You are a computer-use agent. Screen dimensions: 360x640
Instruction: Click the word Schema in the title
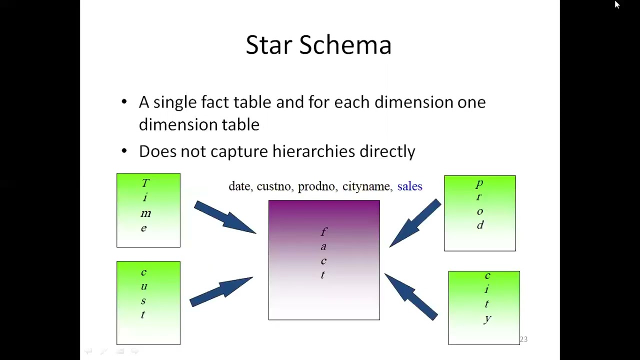[345, 45]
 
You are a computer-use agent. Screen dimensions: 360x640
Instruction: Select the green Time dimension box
[148, 210]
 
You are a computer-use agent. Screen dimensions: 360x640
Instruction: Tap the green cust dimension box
[148, 302]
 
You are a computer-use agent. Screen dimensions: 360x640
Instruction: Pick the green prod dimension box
[479, 213]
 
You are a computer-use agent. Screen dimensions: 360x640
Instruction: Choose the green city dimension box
[484, 307]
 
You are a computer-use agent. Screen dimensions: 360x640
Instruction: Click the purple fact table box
[324, 260]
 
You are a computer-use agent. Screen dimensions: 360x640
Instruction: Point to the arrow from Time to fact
[224, 217]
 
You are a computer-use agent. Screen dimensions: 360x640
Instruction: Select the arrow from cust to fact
[221, 291]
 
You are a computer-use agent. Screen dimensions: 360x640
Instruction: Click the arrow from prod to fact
[415, 222]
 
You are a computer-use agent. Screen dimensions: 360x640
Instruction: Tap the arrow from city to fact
[411, 296]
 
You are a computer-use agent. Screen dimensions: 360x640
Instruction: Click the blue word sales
[409, 186]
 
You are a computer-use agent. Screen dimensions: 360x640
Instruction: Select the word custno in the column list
[273, 186]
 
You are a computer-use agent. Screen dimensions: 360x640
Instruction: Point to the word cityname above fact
[366, 186]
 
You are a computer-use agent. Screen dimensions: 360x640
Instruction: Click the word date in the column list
[239, 186]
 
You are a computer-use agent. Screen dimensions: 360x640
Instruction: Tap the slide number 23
[523, 339]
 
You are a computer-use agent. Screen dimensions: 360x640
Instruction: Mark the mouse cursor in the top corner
[617, 4]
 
